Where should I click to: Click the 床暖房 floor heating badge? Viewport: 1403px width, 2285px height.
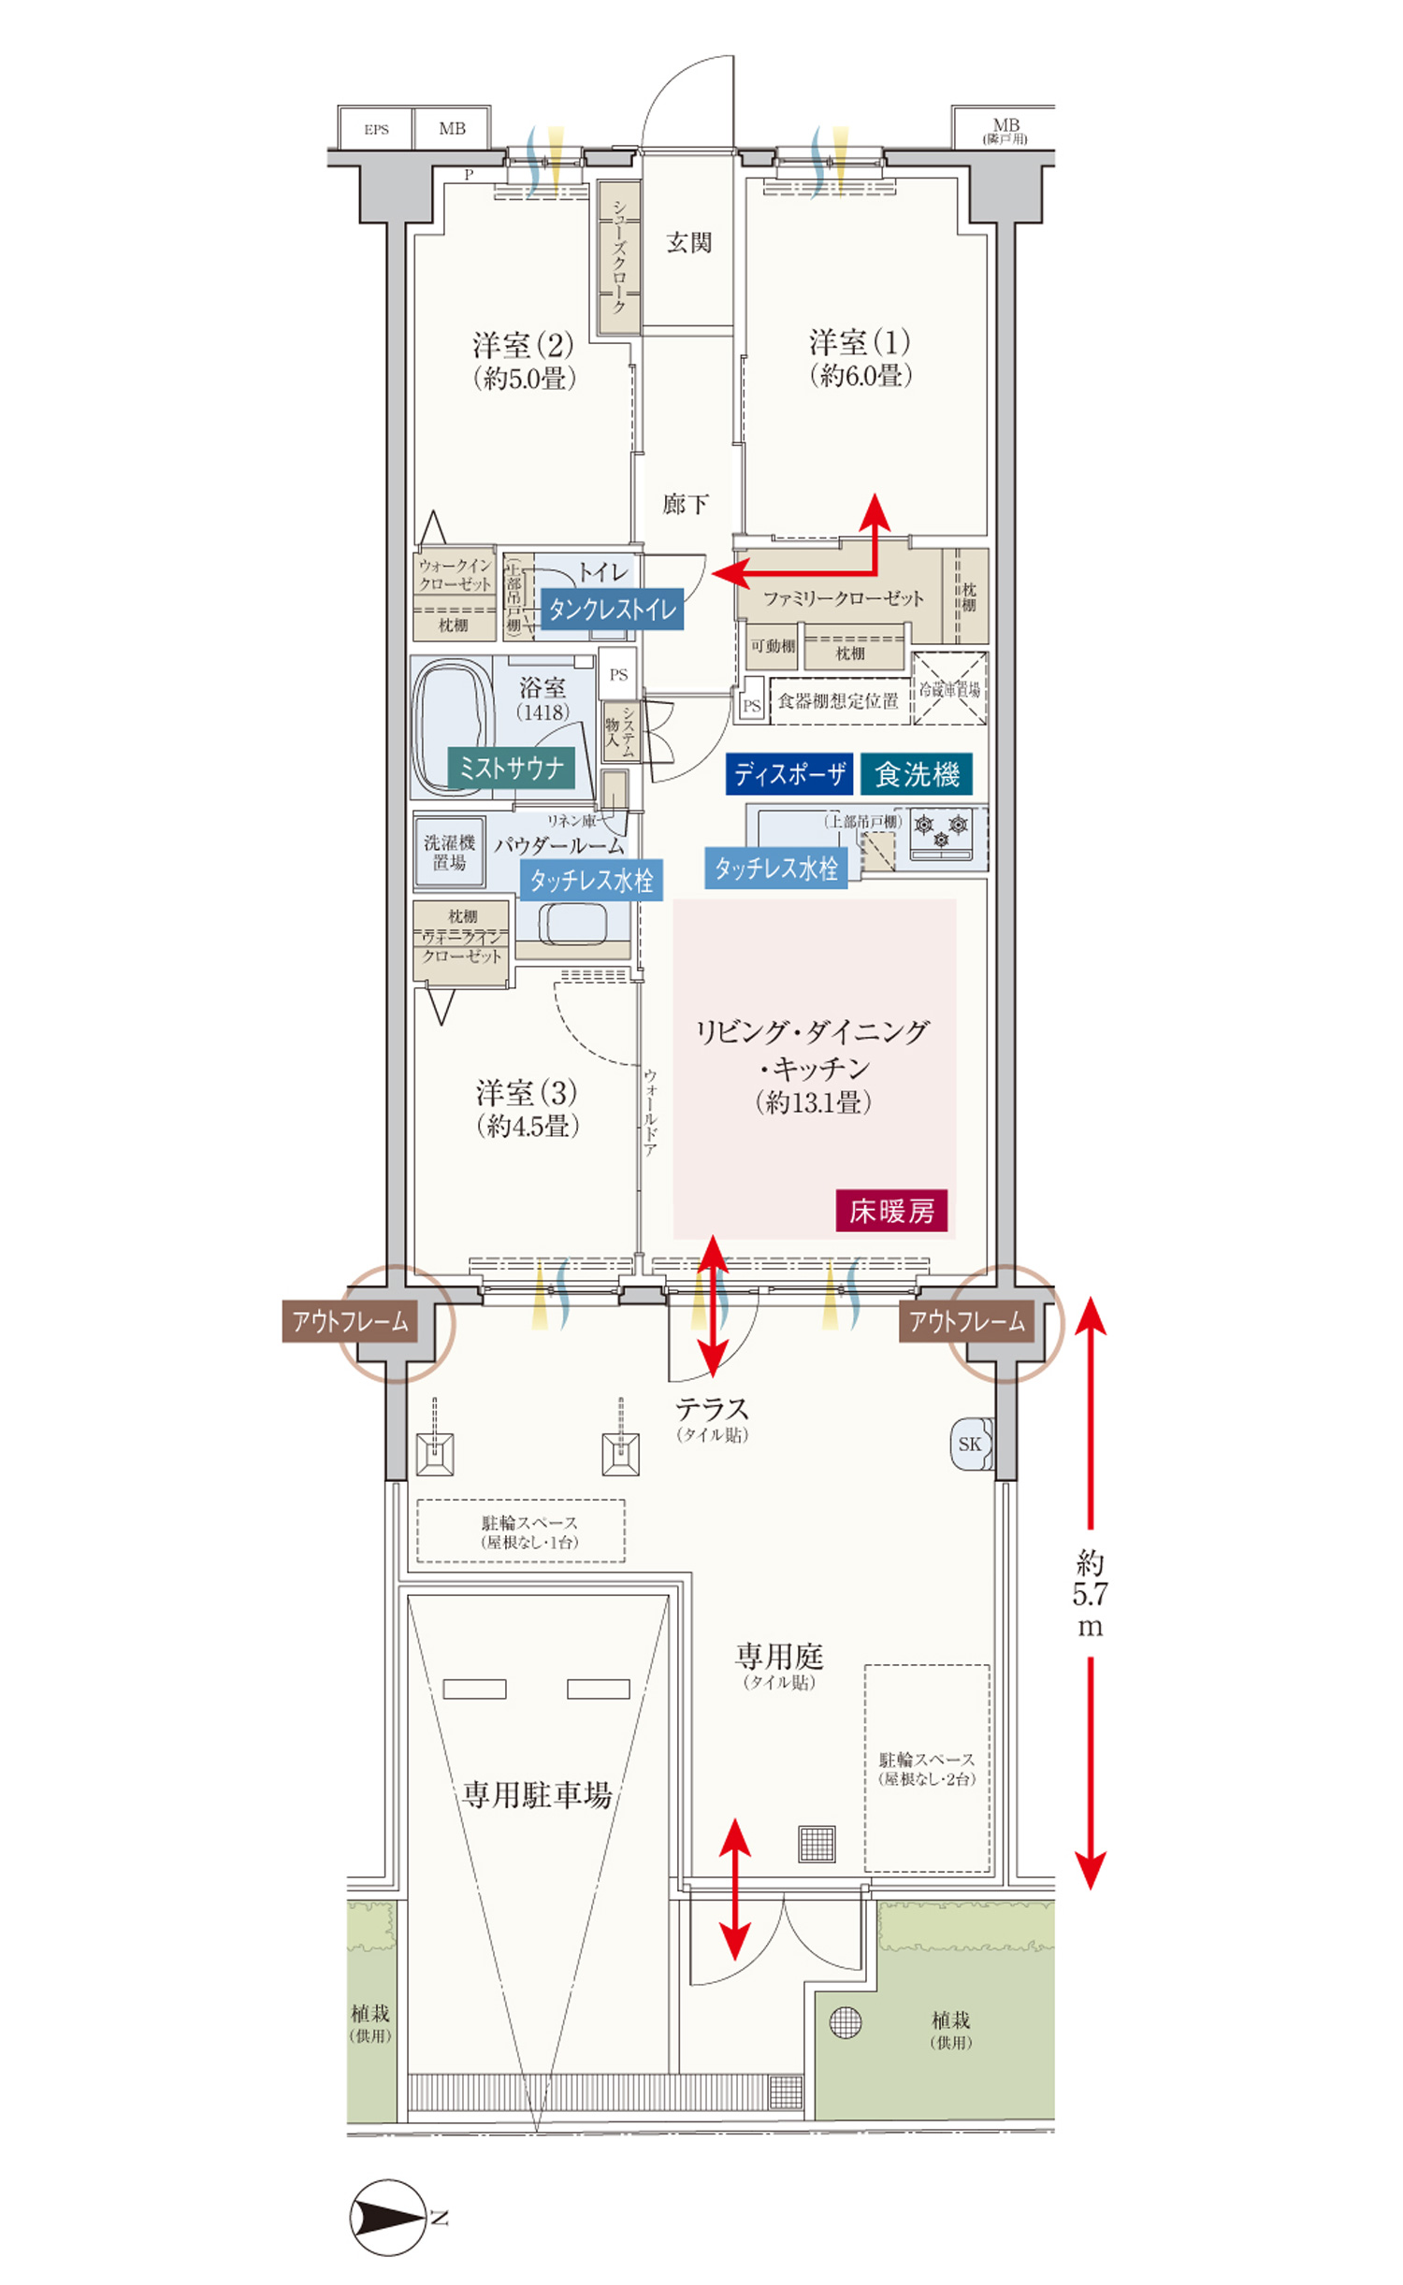(x=890, y=1211)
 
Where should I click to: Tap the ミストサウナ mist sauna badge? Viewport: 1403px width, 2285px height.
(x=511, y=768)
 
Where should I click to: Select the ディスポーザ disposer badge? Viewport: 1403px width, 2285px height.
(x=788, y=773)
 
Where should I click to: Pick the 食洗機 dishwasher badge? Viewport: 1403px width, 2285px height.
(x=916, y=773)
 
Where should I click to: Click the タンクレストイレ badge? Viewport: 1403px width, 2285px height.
(x=612, y=610)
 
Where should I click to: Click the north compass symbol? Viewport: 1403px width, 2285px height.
(x=388, y=2218)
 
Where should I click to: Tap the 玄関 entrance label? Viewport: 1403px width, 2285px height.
(x=688, y=243)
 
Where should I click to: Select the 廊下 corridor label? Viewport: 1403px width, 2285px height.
(x=685, y=505)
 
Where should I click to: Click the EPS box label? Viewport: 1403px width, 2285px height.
(x=376, y=129)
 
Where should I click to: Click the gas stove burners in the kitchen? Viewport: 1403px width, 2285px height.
(x=941, y=830)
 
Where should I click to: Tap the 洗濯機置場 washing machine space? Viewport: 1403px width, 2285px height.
(x=450, y=852)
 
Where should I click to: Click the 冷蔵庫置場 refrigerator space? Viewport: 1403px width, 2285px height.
(x=948, y=690)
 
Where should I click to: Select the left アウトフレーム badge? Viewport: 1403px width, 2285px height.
(x=350, y=1321)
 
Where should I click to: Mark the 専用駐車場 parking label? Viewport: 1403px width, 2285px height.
(x=537, y=1794)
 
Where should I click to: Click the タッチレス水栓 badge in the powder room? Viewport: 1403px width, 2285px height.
(x=591, y=880)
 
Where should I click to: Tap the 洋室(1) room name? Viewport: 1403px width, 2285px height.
(x=860, y=342)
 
